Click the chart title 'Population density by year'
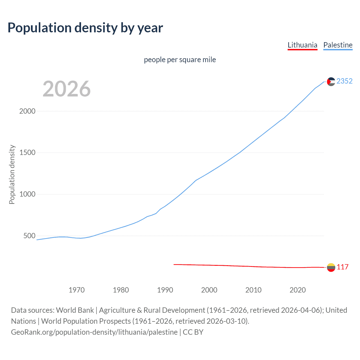(x=85, y=28)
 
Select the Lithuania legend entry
(x=302, y=45)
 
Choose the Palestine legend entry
(x=338, y=45)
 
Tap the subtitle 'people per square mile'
(x=180, y=60)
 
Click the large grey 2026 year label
(x=67, y=89)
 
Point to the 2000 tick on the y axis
(x=27, y=111)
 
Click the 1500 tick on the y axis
(x=27, y=153)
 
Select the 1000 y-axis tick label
(x=27, y=194)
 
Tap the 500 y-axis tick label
(x=29, y=236)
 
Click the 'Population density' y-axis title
(x=12, y=174)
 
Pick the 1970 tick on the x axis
(x=76, y=290)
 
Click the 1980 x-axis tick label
(x=121, y=290)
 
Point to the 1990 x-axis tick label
(x=165, y=290)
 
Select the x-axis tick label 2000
(x=209, y=290)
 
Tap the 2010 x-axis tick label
(x=253, y=290)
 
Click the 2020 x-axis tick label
(x=298, y=290)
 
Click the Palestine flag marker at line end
(x=331, y=82)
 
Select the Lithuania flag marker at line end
(x=331, y=267)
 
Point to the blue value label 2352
(x=345, y=81)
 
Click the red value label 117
(x=343, y=267)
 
